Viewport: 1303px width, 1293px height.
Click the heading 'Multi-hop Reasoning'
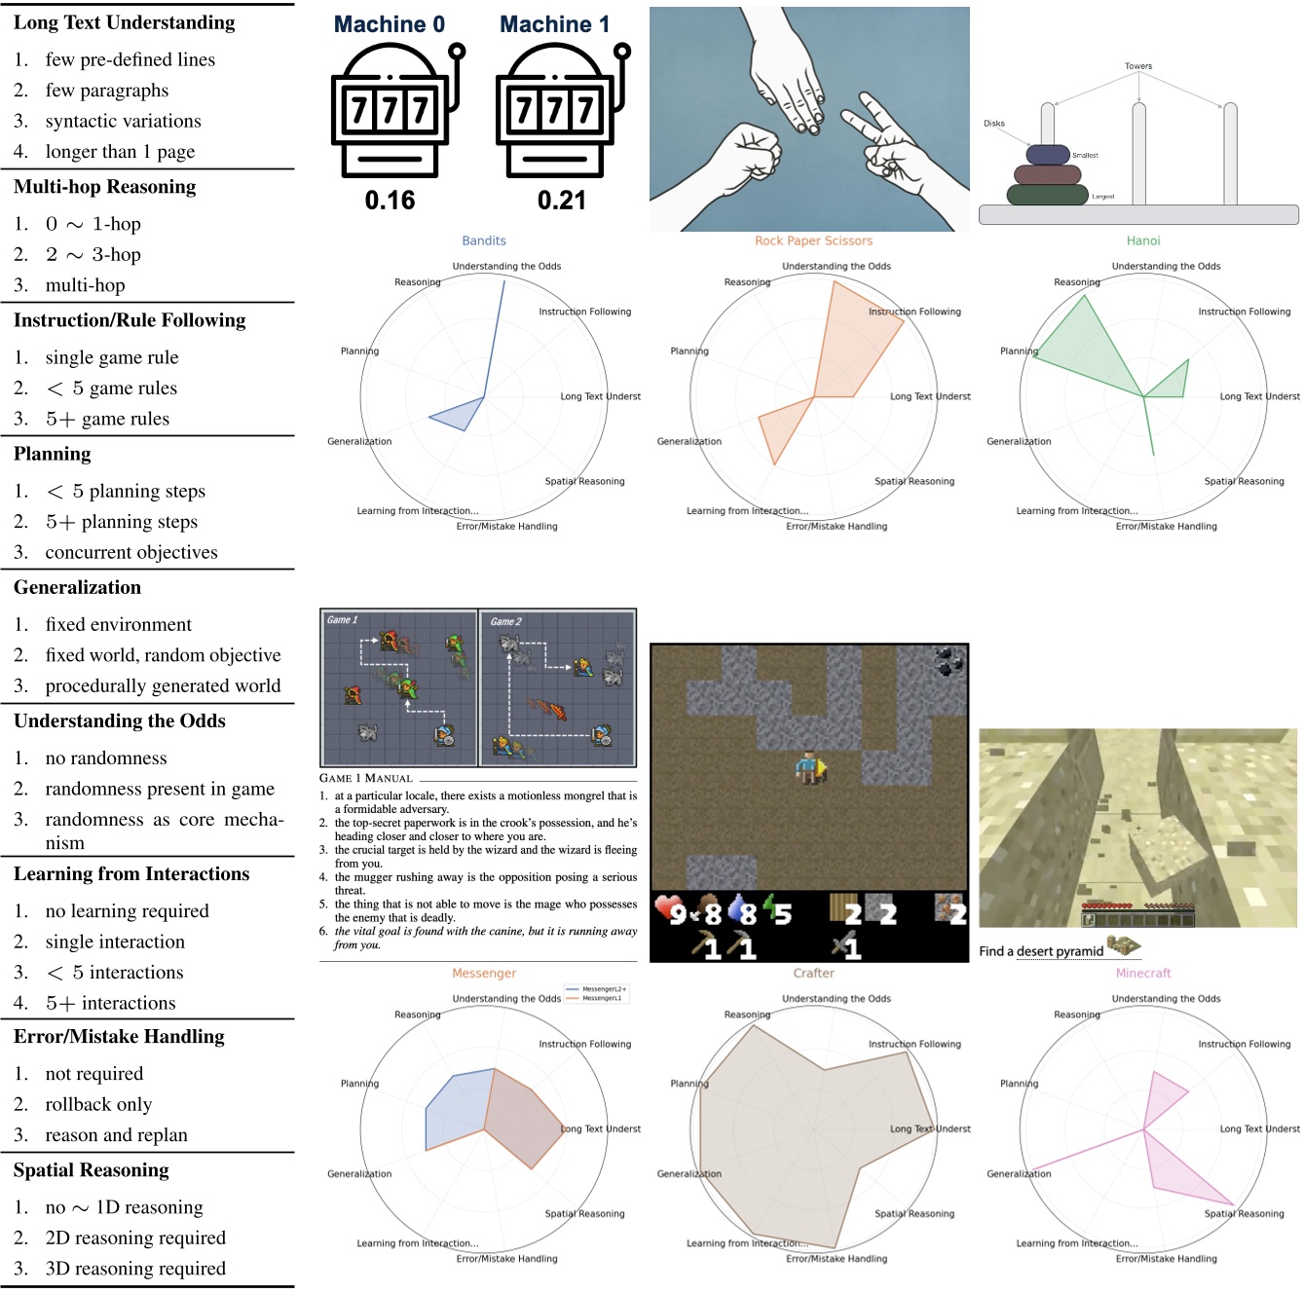104,187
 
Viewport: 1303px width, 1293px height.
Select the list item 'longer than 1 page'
120,152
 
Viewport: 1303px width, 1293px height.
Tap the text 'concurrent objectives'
131,553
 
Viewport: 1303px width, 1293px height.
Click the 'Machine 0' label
389,24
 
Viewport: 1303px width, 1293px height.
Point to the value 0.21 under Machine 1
561,201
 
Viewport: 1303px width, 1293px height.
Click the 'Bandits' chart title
484,240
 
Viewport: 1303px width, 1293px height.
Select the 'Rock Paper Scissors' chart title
813,240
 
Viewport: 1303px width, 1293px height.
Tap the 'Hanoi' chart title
1143,240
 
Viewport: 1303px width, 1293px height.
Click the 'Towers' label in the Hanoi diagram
1137,66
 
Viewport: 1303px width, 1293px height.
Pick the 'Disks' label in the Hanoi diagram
993,124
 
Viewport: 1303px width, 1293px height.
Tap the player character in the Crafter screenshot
809,768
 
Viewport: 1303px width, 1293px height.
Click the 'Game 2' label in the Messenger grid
505,621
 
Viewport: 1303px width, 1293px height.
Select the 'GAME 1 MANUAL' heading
366,778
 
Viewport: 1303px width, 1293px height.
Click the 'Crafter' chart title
813,973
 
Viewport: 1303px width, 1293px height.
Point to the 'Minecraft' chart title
1143,973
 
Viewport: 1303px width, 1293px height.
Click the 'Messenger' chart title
484,973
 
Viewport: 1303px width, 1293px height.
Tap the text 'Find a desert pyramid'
1041,951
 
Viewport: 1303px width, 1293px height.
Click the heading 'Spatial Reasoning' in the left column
92,1170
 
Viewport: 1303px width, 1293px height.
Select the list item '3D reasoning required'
135,1269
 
